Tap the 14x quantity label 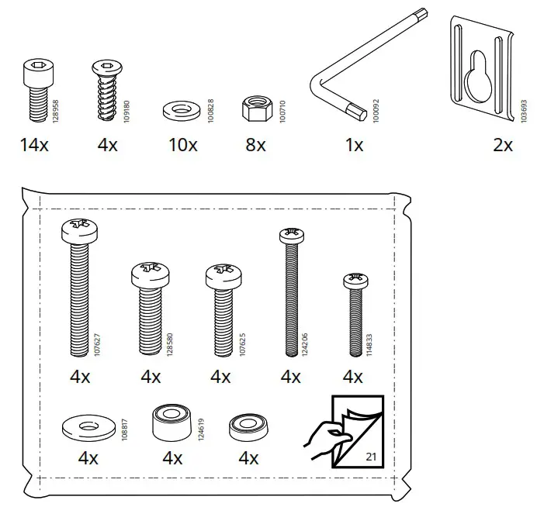pyautogui.click(x=34, y=145)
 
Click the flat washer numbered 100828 pyautogui.click(x=180, y=108)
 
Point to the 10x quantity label pyautogui.click(x=182, y=145)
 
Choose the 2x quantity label pyautogui.click(x=502, y=145)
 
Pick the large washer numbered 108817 pyautogui.click(x=86, y=426)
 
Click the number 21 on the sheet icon pyautogui.click(x=370, y=459)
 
